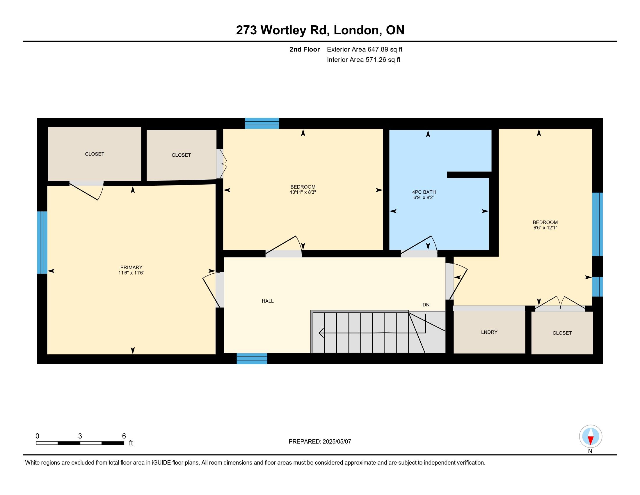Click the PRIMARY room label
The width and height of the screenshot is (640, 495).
click(131, 267)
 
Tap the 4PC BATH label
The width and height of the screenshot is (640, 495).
click(424, 192)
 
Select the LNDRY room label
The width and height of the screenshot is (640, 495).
click(489, 332)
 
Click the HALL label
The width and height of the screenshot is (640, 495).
click(268, 301)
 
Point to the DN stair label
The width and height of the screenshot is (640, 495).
click(426, 305)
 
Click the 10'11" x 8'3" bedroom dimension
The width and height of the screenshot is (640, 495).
click(303, 192)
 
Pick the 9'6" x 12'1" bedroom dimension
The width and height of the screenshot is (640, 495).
click(545, 228)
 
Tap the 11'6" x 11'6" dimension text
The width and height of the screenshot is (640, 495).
click(131, 273)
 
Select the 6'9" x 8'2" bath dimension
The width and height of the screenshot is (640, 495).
click(424, 198)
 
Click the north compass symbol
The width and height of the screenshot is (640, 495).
click(591, 436)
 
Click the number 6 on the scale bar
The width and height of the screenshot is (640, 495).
click(124, 436)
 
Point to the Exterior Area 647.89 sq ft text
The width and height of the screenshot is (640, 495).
click(365, 49)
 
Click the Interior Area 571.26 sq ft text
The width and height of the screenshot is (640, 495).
click(363, 60)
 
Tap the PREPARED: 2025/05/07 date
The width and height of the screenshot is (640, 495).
click(320, 442)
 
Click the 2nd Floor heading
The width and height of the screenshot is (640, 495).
click(305, 49)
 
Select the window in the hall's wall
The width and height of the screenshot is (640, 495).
click(252, 359)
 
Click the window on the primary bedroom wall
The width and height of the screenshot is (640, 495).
click(42, 243)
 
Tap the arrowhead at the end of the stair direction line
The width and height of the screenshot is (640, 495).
click(321, 333)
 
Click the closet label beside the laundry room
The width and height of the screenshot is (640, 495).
click(562, 333)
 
